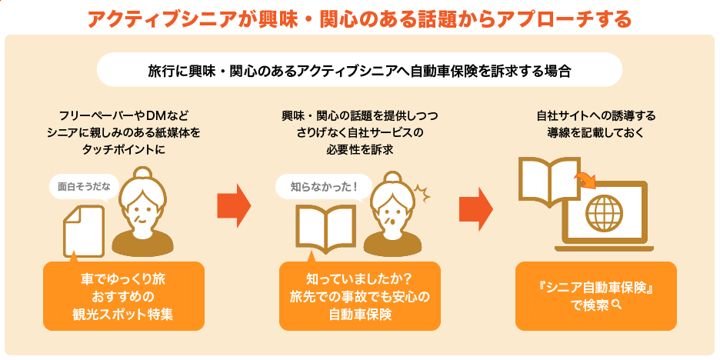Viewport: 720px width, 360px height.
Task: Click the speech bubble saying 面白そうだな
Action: (84, 188)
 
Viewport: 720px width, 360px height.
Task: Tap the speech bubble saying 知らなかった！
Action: (323, 188)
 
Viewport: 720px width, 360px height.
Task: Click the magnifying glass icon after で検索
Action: (616, 304)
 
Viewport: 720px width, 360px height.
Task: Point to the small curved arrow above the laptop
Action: (586, 178)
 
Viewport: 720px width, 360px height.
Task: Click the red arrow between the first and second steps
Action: (234, 205)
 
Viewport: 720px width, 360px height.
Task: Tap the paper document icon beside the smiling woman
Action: (84, 232)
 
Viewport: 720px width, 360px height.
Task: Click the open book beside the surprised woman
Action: (325, 228)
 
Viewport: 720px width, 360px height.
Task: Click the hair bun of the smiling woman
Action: (142, 175)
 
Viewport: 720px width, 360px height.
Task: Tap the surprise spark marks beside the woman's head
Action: (422, 193)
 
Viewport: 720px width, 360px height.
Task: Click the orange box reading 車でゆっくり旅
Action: (124, 295)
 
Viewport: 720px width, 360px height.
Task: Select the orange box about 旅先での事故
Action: (359, 295)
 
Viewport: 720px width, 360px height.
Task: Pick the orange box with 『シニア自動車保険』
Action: (596, 295)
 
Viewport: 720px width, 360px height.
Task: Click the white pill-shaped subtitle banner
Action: (359, 70)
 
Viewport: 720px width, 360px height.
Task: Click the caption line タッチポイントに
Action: (124, 150)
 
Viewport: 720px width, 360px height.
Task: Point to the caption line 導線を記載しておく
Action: (596, 133)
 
